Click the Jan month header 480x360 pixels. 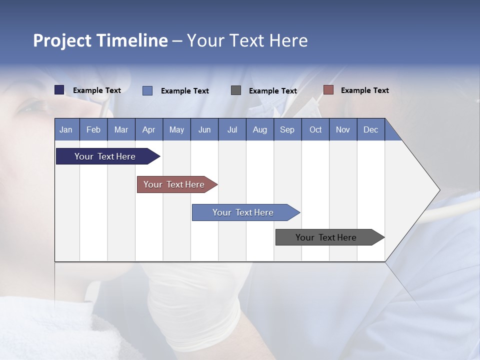(x=66, y=129)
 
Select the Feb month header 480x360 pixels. (x=93, y=129)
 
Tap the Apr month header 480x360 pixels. (x=148, y=129)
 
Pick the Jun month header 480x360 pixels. (x=204, y=129)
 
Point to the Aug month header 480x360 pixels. (x=259, y=129)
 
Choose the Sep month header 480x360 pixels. (x=287, y=129)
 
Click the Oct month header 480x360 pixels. (x=315, y=129)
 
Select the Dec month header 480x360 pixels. (x=370, y=129)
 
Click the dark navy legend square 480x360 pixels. (x=59, y=90)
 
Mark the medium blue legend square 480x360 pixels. (x=147, y=90)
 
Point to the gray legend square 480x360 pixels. (x=236, y=90)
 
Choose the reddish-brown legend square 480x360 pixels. (x=328, y=90)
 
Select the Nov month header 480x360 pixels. (x=343, y=129)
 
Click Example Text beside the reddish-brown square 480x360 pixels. (x=364, y=90)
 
